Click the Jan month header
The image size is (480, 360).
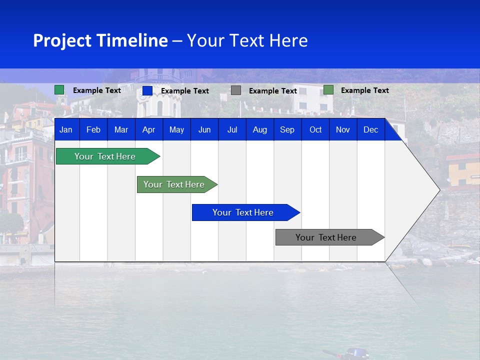66,130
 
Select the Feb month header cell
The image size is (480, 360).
93,130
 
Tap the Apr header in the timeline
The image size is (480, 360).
148,130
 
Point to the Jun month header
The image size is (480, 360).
204,130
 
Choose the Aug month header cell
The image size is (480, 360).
259,130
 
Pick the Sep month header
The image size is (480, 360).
287,130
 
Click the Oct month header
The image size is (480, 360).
315,130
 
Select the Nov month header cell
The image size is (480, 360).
343,130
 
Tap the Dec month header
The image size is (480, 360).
370,130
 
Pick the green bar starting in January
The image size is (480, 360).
105,156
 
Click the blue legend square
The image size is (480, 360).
147,90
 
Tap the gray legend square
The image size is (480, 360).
236,90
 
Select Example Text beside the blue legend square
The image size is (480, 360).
185,91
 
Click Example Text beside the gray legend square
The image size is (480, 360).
273,91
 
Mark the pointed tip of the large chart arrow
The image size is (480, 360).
439,189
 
